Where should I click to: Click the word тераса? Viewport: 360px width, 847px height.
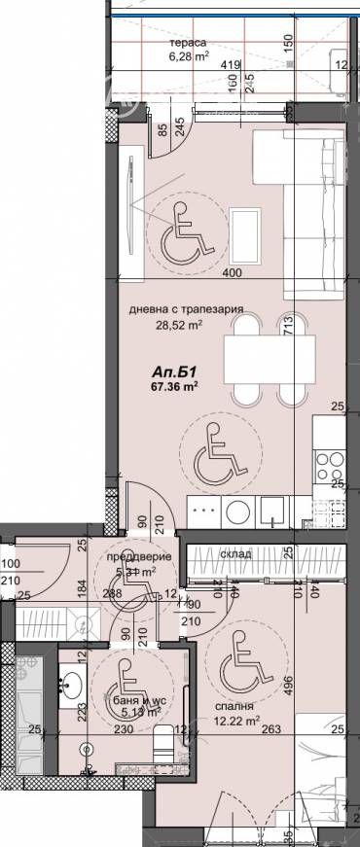click(x=186, y=45)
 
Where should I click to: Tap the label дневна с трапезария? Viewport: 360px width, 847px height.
click(x=185, y=312)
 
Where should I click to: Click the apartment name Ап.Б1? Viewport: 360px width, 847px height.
click(x=169, y=371)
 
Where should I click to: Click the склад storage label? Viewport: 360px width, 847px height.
click(x=235, y=553)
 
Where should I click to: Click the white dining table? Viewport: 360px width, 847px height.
click(x=270, y=361)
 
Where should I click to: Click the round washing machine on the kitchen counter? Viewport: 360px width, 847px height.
click(x=235, y=510)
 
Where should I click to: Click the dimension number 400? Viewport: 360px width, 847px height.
click(x=232, y=274)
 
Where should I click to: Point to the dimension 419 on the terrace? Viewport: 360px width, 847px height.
click(x=231, y=66)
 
